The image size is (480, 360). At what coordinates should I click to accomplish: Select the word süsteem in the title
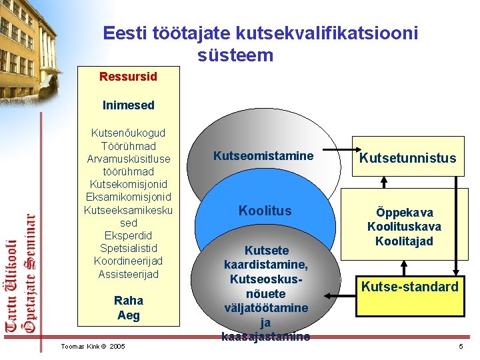(235, 55)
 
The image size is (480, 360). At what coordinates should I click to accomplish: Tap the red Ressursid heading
(128, 77)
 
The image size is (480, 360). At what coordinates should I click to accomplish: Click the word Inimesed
(128, 105)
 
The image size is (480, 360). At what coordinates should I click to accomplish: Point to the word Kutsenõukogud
(128, 133)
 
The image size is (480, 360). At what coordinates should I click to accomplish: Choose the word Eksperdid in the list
(128, 235)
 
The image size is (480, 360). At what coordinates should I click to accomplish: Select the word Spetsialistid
(128, 248)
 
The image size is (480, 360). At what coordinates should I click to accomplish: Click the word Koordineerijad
(128, 261)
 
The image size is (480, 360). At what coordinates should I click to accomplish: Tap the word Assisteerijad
(128, 273)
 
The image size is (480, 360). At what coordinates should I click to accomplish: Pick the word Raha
(128, 301)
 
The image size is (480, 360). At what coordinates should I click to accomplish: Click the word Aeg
(128, 315)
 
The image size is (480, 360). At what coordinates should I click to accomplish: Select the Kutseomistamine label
(263, 156)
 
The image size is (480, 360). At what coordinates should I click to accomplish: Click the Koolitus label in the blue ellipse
(265, 211)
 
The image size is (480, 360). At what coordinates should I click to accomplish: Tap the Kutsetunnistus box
(407, 157)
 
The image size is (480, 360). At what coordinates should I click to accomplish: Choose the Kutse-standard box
(409, 287)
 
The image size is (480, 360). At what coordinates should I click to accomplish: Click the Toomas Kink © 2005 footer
(93, 346)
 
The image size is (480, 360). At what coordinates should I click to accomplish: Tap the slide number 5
(460, 346)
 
